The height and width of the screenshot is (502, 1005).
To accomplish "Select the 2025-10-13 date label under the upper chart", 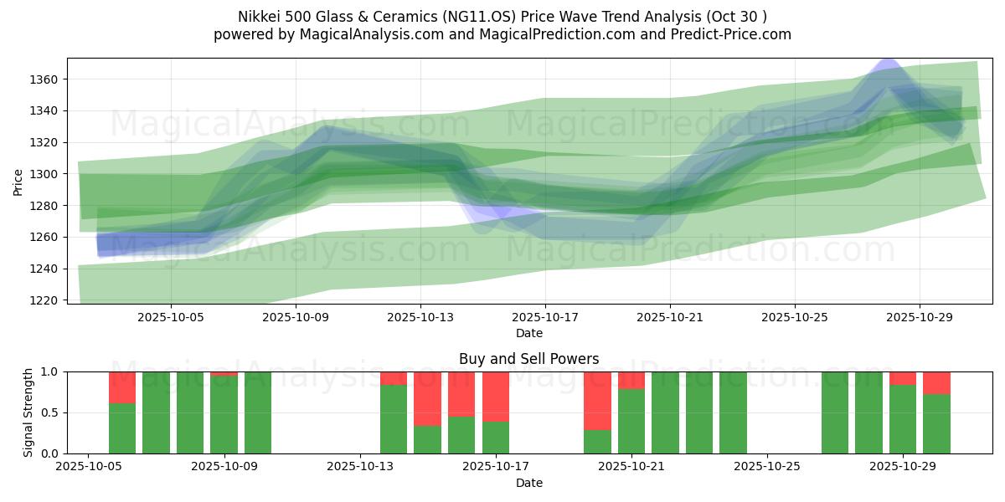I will click(x=420, y=318).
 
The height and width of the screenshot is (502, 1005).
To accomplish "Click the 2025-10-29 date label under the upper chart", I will click(x=920, y=318).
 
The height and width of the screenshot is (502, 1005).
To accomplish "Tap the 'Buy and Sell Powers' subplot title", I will click(x=528, y=359).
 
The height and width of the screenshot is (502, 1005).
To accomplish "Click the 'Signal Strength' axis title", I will click(x=28, y=412).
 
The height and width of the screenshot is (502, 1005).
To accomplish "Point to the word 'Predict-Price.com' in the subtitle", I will click(x=734, y=34).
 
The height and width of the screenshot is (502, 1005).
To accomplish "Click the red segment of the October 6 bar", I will click(x=122, y=387).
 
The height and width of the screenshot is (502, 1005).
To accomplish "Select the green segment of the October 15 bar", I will click(x=461, y=435).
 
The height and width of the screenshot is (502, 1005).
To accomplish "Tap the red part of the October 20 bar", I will click(x=597, y=401).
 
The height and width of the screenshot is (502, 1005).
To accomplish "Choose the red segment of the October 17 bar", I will click(x=496, y=397).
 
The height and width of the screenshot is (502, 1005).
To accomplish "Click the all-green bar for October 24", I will click(x=733, y=412).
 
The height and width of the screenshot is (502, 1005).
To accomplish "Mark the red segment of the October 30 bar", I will click(x=936, y=383).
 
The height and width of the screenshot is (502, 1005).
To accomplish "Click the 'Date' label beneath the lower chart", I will click(x=528, y=483).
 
